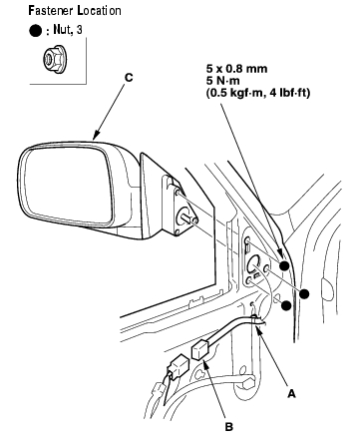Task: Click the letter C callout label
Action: click(129, 78)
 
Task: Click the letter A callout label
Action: click(291, 394)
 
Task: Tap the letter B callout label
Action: click(229, 427)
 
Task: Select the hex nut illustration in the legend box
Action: click(54, 60)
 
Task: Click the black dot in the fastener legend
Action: click(36, 31)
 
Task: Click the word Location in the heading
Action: click(100, 11)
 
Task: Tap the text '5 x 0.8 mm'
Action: click(236, 69)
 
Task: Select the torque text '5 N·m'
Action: click(223, 81)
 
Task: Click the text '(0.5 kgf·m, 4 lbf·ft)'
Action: click(258, 93)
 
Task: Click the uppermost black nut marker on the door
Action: click(284, 265)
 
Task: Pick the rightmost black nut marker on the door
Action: click(304, 294)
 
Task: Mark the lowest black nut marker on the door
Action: click(286, 305)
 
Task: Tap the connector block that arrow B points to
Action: click(201, 351)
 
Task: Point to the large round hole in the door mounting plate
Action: click(254, 263)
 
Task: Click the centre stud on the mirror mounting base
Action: click(187, 219)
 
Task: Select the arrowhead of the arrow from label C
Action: click(96, 136)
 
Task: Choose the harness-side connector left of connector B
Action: click(178, 366)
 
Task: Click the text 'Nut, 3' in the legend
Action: click(68, 30)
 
